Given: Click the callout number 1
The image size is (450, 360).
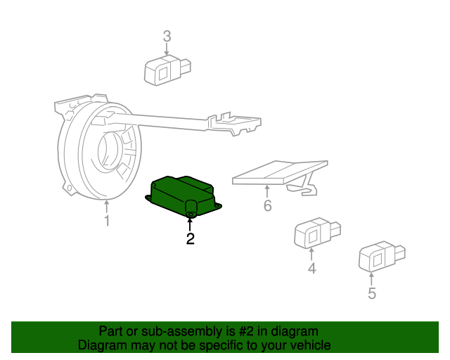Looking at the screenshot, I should click(x=107, y=222).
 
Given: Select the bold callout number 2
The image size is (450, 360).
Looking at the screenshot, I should click(x=190, y=239).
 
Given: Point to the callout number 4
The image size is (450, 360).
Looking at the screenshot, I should click(x=311, y=268).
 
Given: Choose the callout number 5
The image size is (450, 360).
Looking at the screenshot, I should click(x=372, y=293).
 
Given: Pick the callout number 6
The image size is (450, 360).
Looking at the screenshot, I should click(x=267, y=206).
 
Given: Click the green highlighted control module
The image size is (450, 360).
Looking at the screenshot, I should click(x=181, y=193).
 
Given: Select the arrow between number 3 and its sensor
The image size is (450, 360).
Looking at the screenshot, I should click(x=167, y=49).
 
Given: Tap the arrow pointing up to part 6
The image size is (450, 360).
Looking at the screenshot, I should click(x=267, y=191).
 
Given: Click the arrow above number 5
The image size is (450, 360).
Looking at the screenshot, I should click(x=372, y=278).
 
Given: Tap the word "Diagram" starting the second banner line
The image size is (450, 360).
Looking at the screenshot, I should click(x=101, y=345).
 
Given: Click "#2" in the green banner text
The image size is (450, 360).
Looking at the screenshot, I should click(x=250, y=331).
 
